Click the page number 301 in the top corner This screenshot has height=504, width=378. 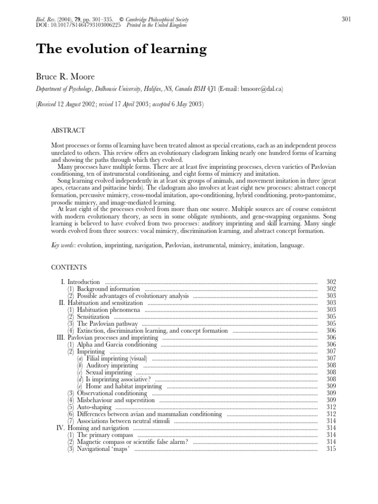point(346,19)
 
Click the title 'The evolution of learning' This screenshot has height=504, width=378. point(122,49)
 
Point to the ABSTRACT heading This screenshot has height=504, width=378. point(68,130)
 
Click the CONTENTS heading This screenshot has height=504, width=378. point(69,267)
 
